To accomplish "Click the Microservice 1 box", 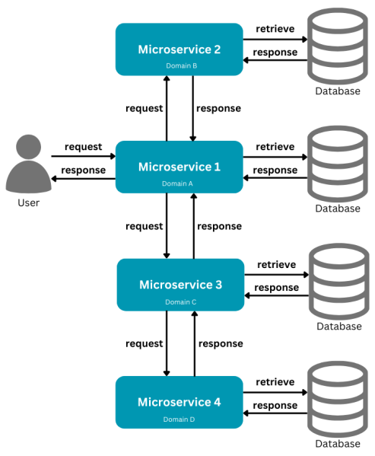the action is pyautogui.click(x=180, y=167).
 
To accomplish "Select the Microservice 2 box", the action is pyautogui.click(x=180, y=49).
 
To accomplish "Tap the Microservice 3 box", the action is pyautogui.click(x=180, y=285).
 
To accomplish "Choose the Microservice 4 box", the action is pyautogui.click(x=180, y=402).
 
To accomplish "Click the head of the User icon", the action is pyautogui.click(x=28, y=147).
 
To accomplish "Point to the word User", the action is pyautogui.click(x=28, y=202).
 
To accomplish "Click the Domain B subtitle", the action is pyautogui.click(x=182, y=65).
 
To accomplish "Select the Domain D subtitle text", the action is pyautogui.click(x=179, y=419).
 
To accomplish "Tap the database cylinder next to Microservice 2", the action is pyautogui.click(x=338, y=46).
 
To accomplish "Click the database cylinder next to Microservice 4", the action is pyautogui.click(x=338, y=400).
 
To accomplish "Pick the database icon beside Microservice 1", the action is pyautogui.click(x=338, y=164).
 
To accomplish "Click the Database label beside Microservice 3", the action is pyautogui.click(x=339, y=327).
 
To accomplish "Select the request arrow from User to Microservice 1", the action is pyautogui.click(x=84, y=156).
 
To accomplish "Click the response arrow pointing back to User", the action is pyautogui.click(x=84, y=179).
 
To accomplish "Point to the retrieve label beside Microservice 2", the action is pyautogui.click(x=275, y=29).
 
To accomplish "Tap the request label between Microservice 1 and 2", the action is pyautogui.click(x=144, y=108).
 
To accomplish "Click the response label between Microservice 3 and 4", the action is pyautogui.click(x=221, y=344).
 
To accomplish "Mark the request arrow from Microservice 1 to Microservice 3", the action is pyautogui.click(x=167, y=225).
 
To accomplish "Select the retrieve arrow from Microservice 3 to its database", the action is pyautogui.click(x=277, y=275).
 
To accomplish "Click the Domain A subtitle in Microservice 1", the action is pyautogui.click(x=177, y=183).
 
